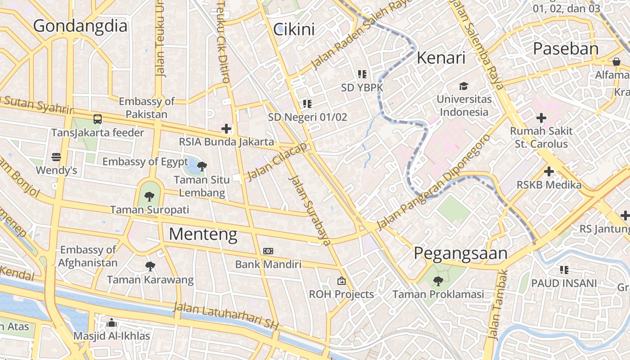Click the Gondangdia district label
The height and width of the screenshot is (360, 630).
80,26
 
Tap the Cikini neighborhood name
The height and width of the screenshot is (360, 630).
294,29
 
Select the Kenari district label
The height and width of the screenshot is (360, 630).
441,58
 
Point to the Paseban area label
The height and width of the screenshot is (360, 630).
566,49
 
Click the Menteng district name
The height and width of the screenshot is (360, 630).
203,234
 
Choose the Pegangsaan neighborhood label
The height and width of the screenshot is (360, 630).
460,253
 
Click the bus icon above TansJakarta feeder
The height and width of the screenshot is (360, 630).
98,119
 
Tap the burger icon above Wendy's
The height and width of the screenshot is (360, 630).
56,157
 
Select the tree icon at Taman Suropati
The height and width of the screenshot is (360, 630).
149,196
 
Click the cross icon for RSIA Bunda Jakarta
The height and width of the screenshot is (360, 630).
226,129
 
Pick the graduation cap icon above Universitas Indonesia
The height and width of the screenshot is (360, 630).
463,86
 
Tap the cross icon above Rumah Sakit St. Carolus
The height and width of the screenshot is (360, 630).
541,118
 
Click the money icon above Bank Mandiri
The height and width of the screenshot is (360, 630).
268,251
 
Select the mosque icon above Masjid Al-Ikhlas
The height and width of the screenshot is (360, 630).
112,323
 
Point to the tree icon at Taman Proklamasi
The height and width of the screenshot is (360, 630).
437,281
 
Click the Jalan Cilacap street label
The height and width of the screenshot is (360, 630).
278,161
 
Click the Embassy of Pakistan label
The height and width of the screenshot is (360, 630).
146,108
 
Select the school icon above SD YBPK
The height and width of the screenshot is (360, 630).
362,74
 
